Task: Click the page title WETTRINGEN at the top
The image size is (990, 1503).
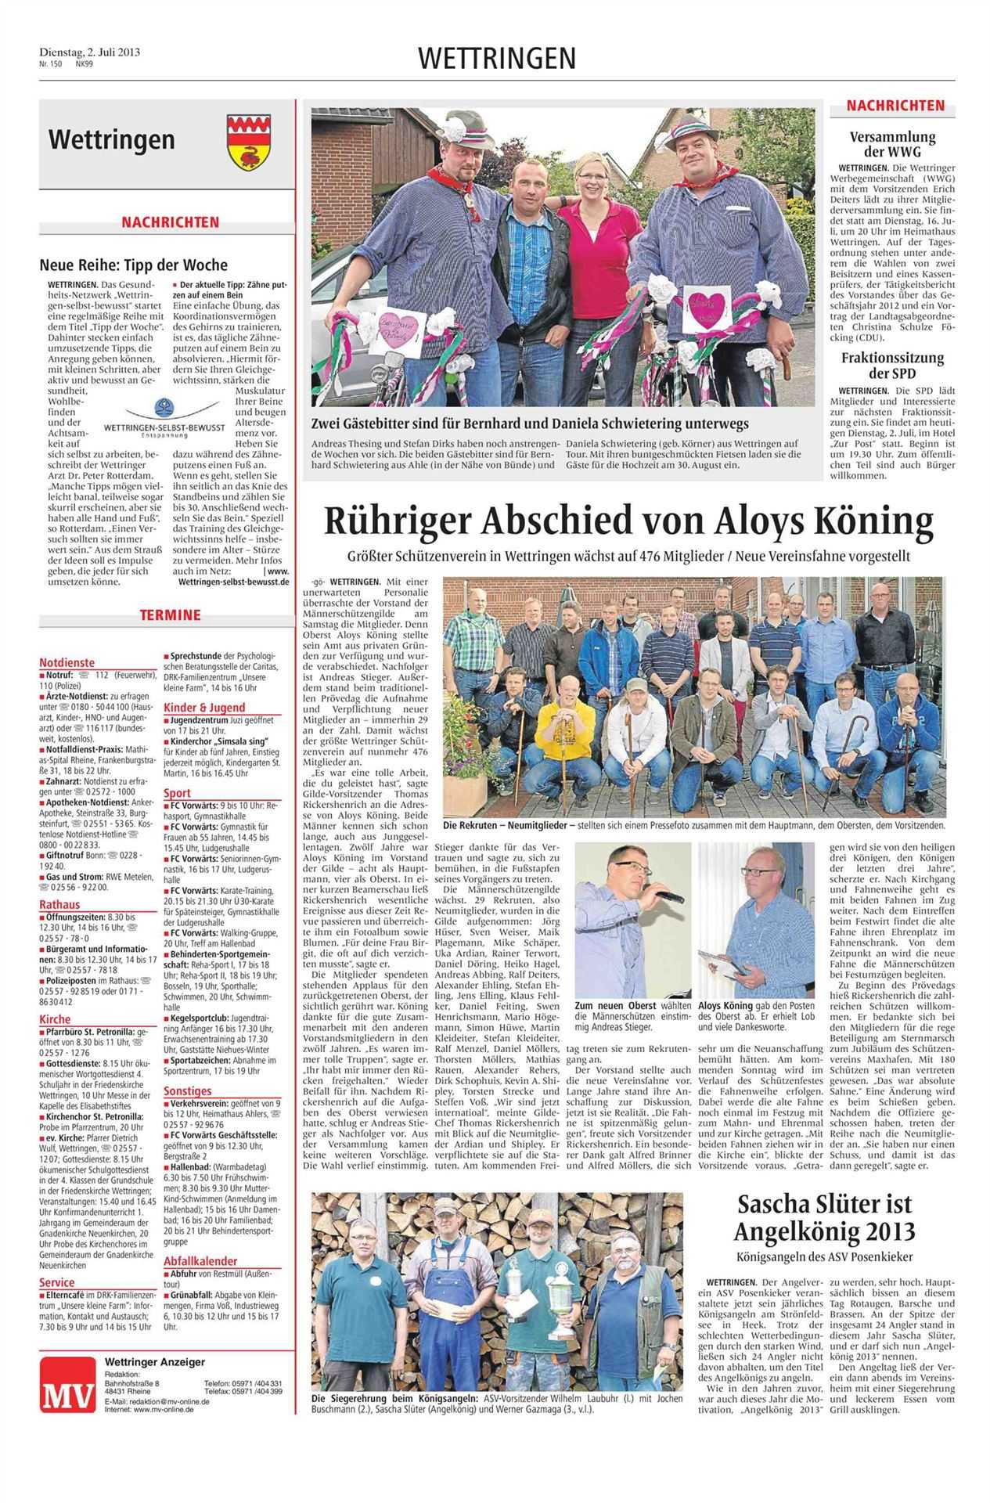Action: click(x=496, y=58)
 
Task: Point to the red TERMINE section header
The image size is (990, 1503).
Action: click(x=170, y=615)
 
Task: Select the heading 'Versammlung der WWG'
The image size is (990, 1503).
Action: click(x=893, y=144)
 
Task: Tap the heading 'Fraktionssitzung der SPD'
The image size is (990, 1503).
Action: click(x=893, y=366)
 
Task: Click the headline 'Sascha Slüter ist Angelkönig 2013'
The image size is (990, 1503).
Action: click(x=823, y=1218)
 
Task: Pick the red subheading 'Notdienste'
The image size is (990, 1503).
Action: click(x=67, y=661)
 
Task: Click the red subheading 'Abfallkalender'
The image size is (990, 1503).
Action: click(x=200, y=1261)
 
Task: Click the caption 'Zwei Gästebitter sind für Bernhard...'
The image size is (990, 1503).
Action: click(x=530, y=424)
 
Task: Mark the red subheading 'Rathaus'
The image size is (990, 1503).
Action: click(x=59, y=904)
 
